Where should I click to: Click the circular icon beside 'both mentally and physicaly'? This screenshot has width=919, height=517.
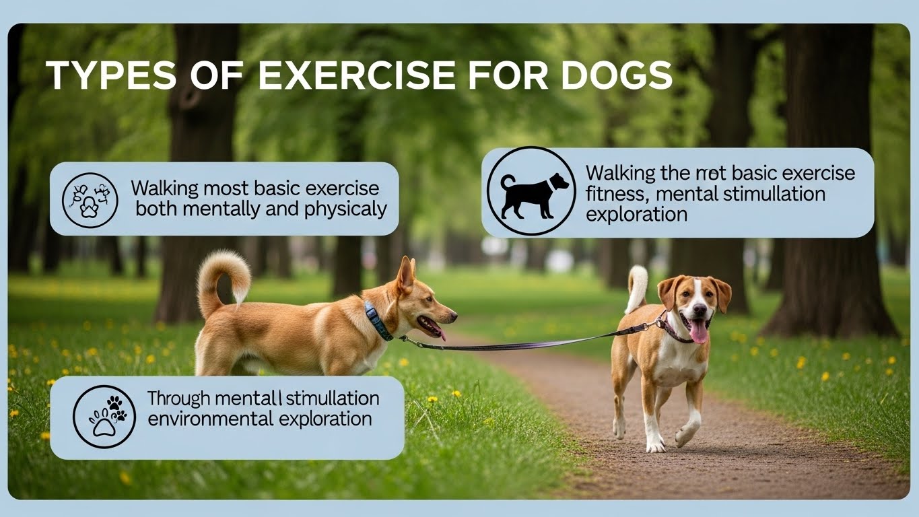point(90,199)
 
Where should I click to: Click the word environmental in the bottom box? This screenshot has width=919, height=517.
point(202,419)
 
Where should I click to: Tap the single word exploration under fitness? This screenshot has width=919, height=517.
point(637,215)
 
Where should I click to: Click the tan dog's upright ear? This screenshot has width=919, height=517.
point(406,276)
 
